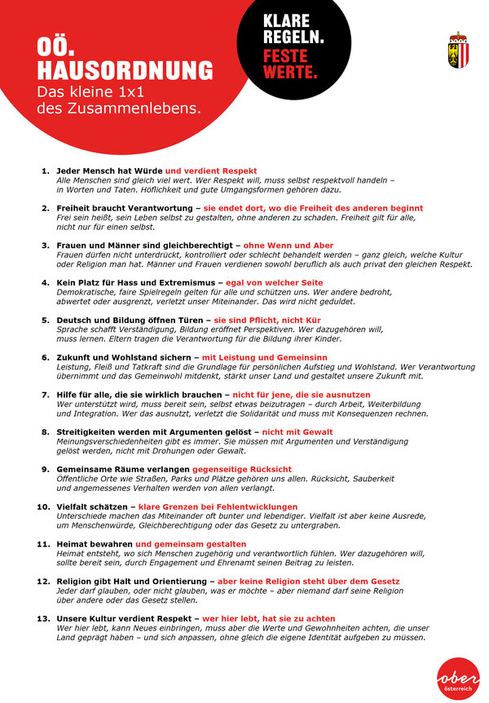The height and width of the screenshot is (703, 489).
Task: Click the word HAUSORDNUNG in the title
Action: coord(126,69)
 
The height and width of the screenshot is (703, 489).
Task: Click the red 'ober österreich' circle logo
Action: coord(458,678)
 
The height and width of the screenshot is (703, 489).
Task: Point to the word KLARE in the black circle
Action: coord(288,24)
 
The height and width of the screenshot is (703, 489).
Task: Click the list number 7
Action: coord(46,394)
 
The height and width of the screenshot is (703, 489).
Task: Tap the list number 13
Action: coord(44,619)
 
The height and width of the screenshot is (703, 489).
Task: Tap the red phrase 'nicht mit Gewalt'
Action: coord(297,431)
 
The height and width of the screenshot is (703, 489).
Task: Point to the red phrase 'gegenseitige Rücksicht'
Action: coord(242,469)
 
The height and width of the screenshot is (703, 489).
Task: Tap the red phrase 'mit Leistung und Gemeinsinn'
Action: coord(265,357)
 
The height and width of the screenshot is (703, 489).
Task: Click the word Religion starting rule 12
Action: coord(75,581)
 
